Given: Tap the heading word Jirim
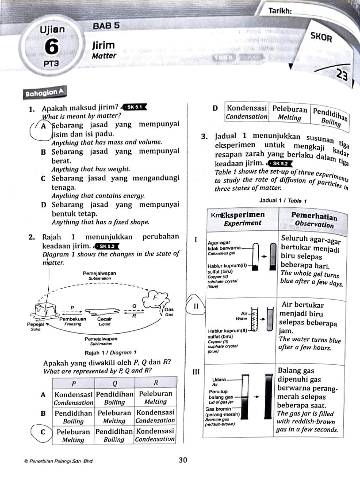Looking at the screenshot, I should coord(104,45).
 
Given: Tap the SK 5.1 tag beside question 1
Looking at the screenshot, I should coord(134,107).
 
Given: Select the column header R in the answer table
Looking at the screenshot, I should coord(156,382).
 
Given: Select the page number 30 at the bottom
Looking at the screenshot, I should coord(183,460).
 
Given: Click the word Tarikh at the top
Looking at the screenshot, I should coord(280,11).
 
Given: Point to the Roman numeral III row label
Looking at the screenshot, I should coord(196,372).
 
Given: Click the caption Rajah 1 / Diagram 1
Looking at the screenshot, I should coord(110,352).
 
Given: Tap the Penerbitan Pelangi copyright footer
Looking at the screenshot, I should coord(59,461).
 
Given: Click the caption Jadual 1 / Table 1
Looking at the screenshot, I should coord(283,201).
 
